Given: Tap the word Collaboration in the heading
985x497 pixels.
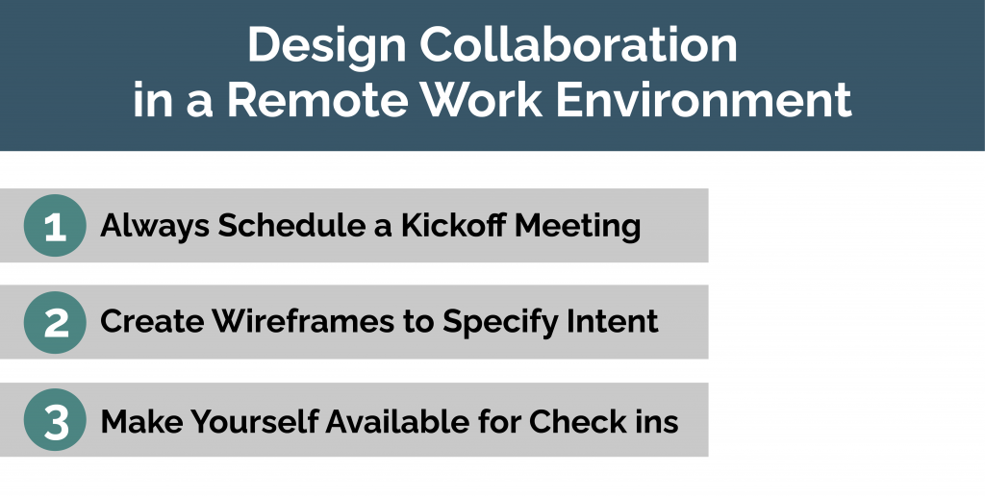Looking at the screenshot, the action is coord(578,44).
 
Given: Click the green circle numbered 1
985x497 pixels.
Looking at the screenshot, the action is coord(55,225).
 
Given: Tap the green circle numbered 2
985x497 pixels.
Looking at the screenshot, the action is coord(55,323).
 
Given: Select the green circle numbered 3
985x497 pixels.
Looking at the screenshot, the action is coord(55,420).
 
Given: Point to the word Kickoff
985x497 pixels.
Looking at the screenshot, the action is coord(454,225).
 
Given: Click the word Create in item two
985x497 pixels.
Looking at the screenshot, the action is coord(152,322).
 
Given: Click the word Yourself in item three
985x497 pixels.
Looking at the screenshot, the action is coord(254,420).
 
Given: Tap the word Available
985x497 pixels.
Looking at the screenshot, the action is coord(397,420).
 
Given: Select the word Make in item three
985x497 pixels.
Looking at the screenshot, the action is coord(141,420).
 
